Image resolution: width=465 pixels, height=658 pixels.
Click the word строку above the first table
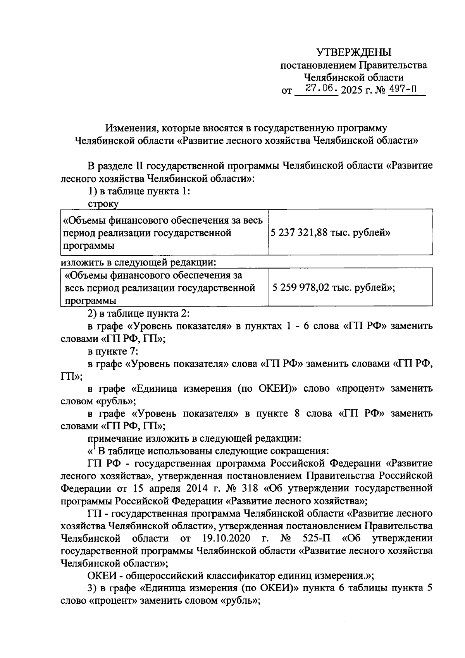(x=103, y=204)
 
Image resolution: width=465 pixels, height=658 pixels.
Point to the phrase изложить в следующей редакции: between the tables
(x=138, y=262)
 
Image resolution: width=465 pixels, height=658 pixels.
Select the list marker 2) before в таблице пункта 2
(x=93, y=313)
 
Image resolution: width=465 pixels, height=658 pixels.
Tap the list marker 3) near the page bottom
(x=93, y=588)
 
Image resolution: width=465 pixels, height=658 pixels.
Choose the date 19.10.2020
(x=226, y=538)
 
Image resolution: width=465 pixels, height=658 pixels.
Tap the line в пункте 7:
(x=113, y=351)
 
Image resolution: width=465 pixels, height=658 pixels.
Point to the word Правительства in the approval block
(x=393, y=65)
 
